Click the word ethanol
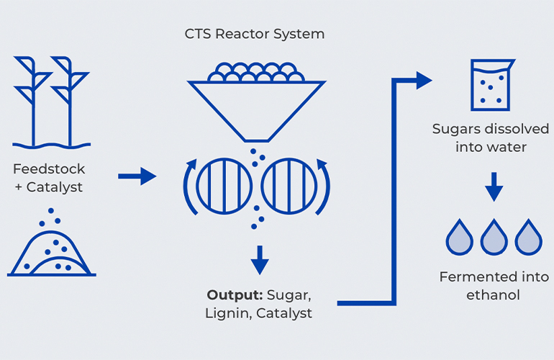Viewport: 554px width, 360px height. [x=494, y=295]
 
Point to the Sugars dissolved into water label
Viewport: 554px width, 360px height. [x=491, y=138]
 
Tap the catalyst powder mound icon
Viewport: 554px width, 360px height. [x=51, y=252]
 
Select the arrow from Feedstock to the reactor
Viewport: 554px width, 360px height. [x=137, y=176]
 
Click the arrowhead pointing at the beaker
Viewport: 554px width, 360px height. [x=424, y=80]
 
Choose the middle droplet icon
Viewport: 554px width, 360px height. [x=494, y=237]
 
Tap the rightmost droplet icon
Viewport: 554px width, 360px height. [x=528, y=237]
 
